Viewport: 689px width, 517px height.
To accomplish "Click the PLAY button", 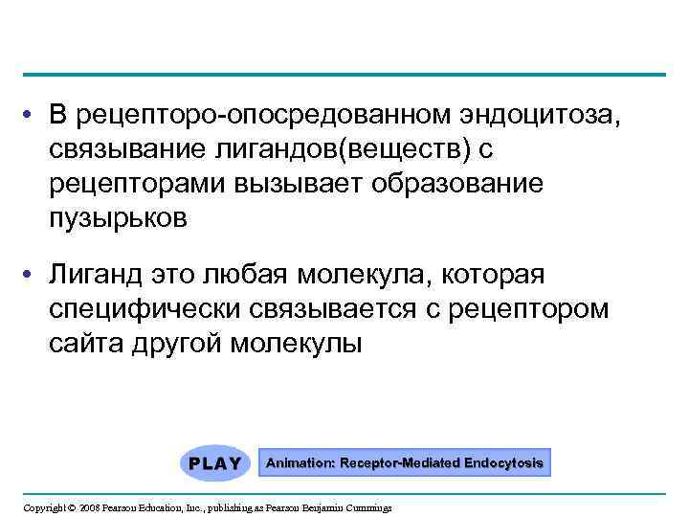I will click(x=214, y=462).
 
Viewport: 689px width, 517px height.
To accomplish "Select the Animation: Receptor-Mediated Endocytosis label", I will click(x=404, y=462).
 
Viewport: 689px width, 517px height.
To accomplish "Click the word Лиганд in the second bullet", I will click(x=96, y=276).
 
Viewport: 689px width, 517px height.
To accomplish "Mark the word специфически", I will click(x=146, y=309).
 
